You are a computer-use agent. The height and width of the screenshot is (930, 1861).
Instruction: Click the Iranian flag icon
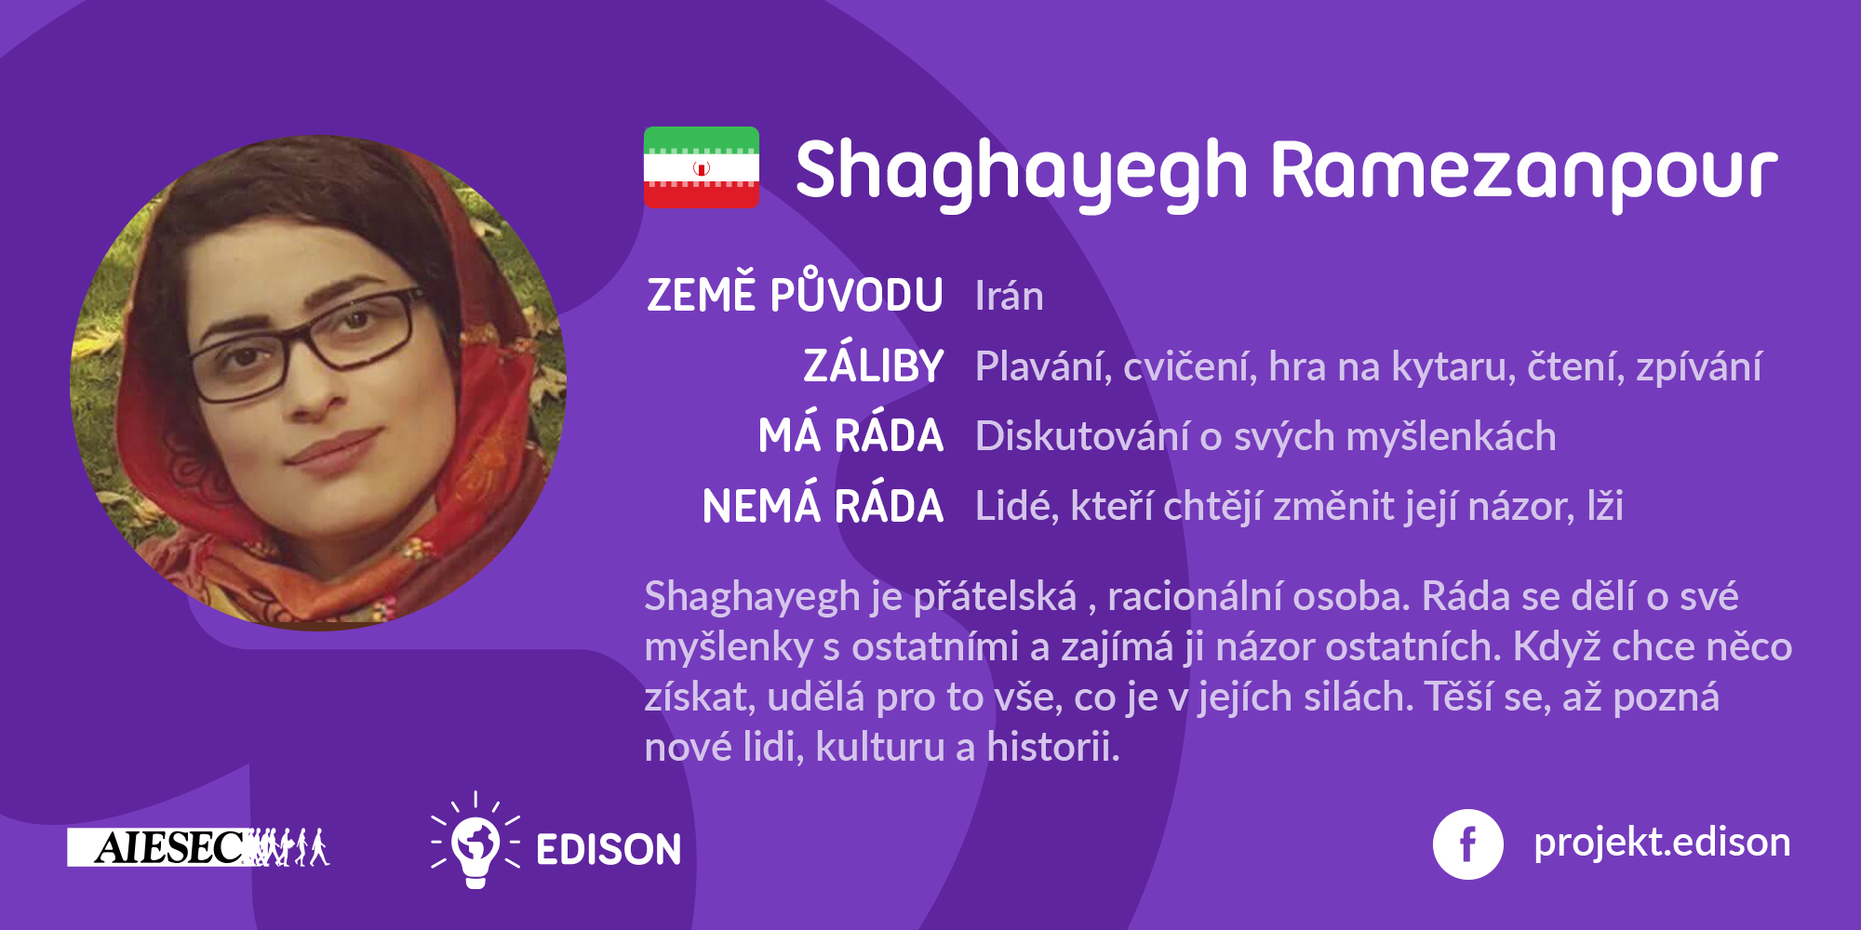[702, 167]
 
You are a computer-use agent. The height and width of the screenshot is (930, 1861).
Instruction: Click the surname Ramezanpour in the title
[1524, 171]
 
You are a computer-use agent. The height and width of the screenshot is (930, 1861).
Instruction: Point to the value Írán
[1010, 296]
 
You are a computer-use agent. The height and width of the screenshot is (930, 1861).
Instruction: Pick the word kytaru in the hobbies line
[1451, 368]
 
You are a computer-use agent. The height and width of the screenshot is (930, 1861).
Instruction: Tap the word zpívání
[1698, 368]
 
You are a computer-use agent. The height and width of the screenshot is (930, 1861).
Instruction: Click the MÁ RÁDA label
[850, 434]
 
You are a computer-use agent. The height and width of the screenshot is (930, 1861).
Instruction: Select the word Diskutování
[1082, 436]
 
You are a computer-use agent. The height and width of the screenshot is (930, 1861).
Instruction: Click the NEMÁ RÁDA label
[823, 505]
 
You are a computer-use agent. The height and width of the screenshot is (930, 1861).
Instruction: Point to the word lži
[1605, 506]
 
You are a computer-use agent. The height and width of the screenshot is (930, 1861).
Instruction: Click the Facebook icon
[1467, 844]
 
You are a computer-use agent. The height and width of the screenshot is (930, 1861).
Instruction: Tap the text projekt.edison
[1662, 843]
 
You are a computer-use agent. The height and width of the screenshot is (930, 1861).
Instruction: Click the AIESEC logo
[198, 847]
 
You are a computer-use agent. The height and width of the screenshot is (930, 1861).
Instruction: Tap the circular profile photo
[318, 383]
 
